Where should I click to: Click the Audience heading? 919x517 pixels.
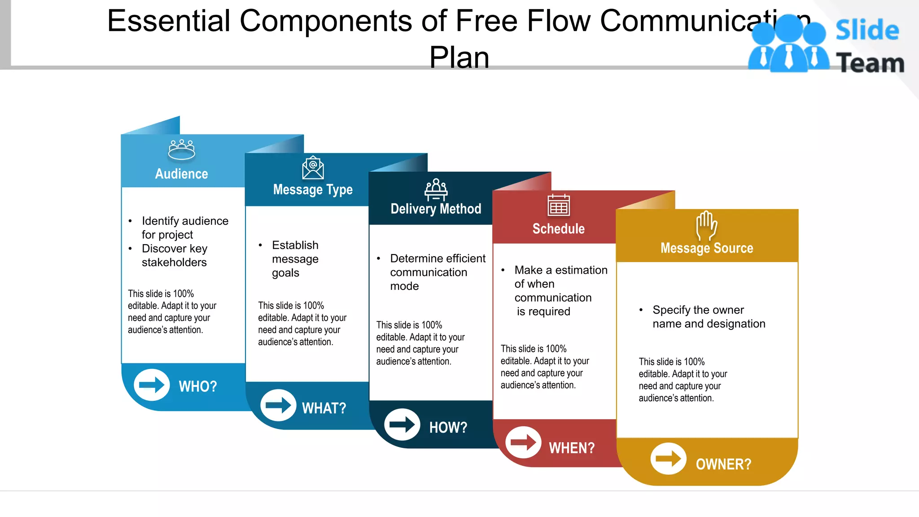click(181, 174)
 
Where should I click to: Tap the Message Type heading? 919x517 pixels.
click(313, 190)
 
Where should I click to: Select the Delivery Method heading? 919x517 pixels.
click(436, 209)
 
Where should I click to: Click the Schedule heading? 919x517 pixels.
click(558, 229)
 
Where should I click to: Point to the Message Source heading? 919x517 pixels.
click(706, 248)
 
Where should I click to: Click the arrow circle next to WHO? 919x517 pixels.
click(152, 385)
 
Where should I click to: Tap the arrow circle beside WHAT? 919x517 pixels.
click(278, 405)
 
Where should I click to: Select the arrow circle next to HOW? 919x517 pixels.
click(402, 425)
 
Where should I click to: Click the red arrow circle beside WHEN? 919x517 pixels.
click(523, 443)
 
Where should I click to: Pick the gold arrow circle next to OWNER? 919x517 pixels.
click(668, 459)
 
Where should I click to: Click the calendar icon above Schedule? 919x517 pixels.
click(559, 206)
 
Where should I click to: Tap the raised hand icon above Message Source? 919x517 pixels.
click(706, 225)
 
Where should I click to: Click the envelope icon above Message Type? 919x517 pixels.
click(313, 167)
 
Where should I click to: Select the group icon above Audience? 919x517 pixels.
click(181, 150)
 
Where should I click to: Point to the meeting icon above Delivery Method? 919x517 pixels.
click(436, 189)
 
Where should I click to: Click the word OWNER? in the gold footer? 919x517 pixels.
click(723, 464)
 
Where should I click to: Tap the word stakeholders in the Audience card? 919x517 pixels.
click(174, 263)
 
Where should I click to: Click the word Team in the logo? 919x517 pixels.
click(870, 63)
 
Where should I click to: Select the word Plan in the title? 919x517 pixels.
click(459, 57)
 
